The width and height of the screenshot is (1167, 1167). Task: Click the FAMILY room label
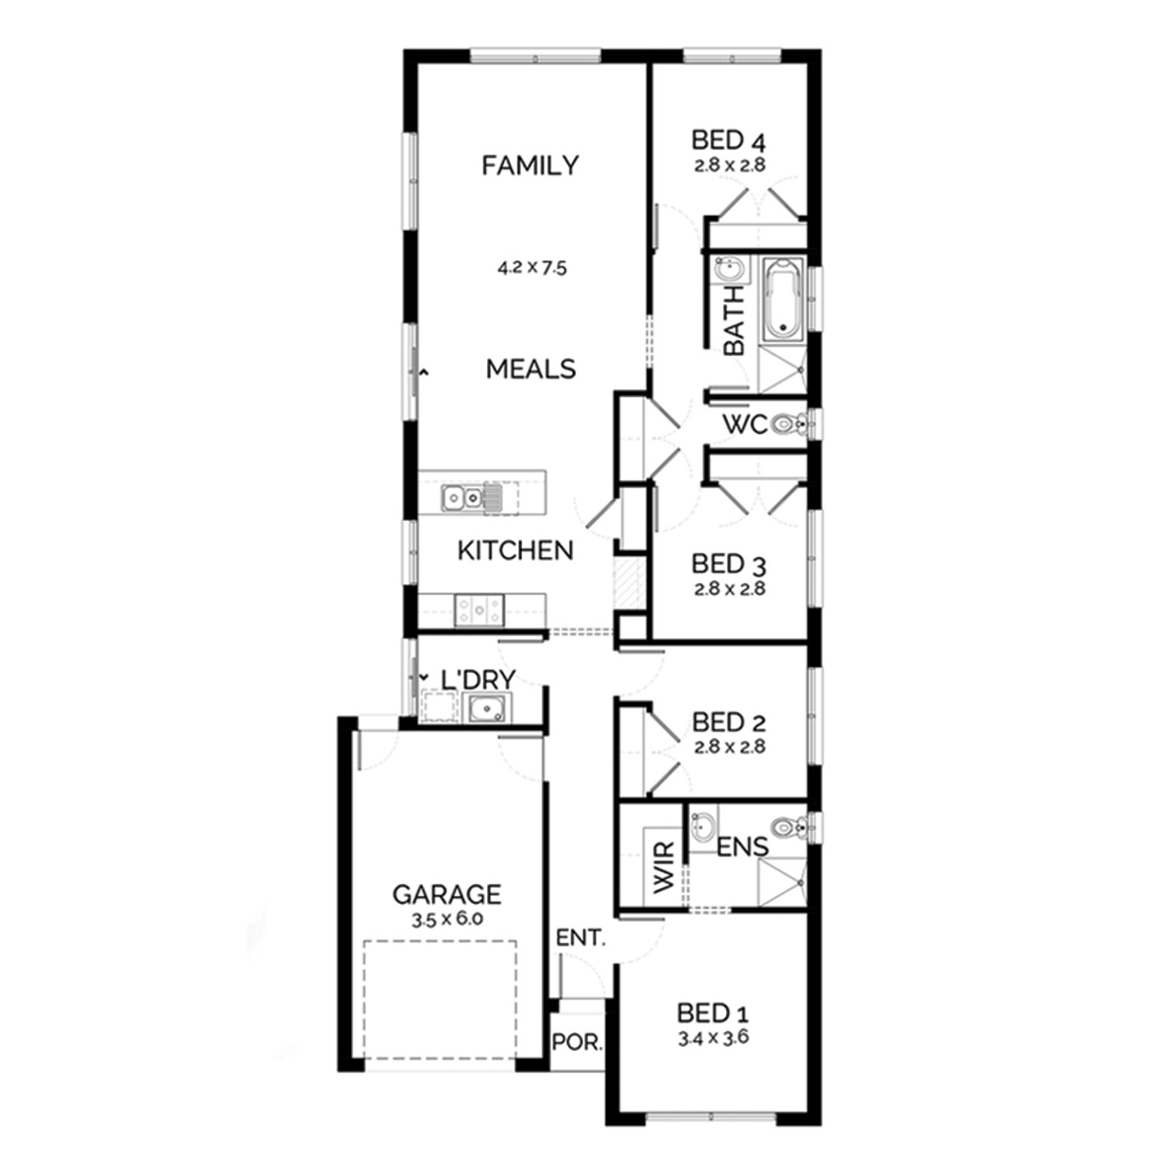point(530,165)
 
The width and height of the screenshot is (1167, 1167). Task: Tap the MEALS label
point(531,369)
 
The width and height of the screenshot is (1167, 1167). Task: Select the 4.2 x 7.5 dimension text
point(532,268)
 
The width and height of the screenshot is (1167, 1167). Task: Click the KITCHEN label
point(515,550)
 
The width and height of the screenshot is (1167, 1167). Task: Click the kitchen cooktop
point(478,611)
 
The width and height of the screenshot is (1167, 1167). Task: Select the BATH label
point(734,321)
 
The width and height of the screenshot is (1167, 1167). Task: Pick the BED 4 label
point(728,141)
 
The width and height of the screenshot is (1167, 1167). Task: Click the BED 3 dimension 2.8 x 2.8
point(730,589)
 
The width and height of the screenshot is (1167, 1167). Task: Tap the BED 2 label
point(729,722)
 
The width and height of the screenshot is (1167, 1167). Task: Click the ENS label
point(742,847)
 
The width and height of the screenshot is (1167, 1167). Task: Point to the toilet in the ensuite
point(789,828)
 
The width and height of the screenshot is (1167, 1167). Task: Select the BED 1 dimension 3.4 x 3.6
point(713,1038)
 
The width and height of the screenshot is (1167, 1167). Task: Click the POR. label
point(577,1043)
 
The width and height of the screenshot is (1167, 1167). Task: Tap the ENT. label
point(580,938)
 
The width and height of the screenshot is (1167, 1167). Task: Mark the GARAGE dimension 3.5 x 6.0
point(447,919)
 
